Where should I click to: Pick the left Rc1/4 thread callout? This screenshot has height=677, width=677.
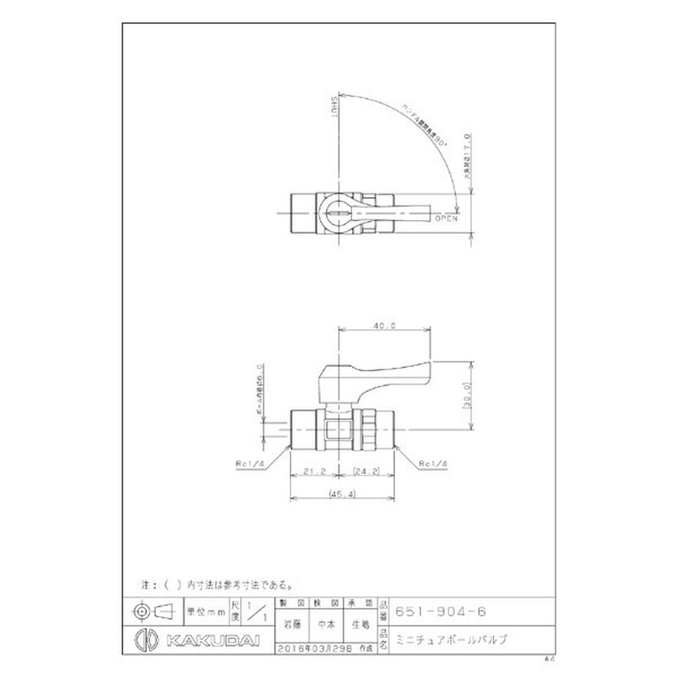250,464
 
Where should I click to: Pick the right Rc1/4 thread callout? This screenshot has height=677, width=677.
432,464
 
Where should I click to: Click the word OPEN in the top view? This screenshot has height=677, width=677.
445,218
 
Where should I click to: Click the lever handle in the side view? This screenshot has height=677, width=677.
389,373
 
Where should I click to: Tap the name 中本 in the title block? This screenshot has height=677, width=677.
325,626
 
